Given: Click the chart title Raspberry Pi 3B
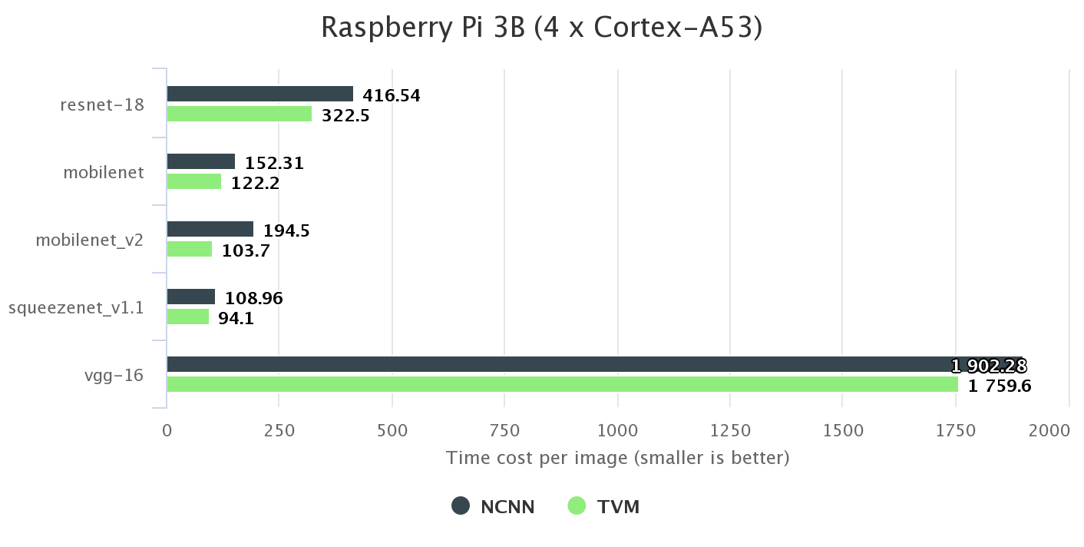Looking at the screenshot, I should point(541,28).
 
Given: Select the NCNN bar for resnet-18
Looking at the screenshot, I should point(259,94).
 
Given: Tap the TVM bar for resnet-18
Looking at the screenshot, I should point(239,114).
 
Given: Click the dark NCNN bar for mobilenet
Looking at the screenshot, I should point(200,161).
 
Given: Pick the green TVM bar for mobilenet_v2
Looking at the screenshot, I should point(189,249).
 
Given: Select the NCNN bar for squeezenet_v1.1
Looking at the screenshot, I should point(190,297).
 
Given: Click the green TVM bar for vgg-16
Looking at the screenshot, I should point(562,384).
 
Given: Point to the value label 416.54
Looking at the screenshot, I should point(392,96).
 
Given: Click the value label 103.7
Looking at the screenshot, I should point(246,250).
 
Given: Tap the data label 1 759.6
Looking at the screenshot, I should point(999,386).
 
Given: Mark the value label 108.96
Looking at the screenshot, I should point(253,298).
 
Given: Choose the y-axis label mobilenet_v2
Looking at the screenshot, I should point(90,240).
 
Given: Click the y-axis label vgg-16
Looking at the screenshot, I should point(115,376).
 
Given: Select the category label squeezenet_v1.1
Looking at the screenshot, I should point(76,308).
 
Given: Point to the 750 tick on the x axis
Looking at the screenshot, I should point(504,431).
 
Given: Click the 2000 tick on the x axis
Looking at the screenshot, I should point(1049,431).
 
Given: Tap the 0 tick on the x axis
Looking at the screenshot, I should point(167,431).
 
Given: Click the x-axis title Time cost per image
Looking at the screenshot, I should point(617,459).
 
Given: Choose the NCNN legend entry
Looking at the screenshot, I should point(493,506).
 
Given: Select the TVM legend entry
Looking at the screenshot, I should point(603,506).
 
